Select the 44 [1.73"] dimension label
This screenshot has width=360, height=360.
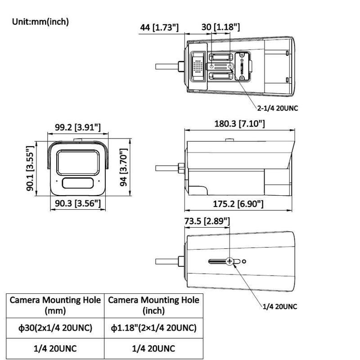(x=159, y=27)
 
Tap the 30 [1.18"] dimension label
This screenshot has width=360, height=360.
(x=220, y=27)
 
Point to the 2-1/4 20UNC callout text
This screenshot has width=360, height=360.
(x=278, y=108)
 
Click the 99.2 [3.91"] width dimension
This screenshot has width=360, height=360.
(x=77, y=127)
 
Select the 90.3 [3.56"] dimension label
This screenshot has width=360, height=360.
(x=77, y=204)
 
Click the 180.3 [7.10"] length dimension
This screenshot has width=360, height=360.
(x=239, y=124)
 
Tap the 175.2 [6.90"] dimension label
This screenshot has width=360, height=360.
(x=238, y=204)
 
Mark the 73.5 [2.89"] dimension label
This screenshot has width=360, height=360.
(x=207, y=221)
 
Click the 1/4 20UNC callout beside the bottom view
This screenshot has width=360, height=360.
(x=280, y=307)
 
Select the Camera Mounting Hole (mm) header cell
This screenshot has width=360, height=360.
(x=56, y=305)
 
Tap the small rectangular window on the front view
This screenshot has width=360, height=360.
(x=77, y=183)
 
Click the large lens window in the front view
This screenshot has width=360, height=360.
(x=77, y=161)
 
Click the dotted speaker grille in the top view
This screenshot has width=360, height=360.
(x=197, y=66)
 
